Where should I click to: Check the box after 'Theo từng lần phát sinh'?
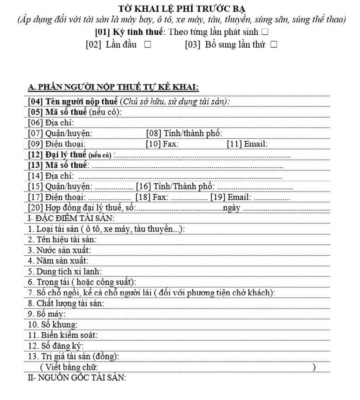click(264, 32)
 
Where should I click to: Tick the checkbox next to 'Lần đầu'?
click(148, 45)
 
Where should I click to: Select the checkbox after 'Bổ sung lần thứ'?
click(274, 45)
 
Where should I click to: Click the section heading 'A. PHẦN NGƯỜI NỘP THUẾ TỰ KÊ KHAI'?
click(114, 87)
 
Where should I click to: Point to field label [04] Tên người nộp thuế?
click(73, 102)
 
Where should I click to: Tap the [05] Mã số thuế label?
click(75, 112)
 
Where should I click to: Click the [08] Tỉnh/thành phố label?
click(184, 133)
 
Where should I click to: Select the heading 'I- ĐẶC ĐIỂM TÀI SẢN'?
click(72, 218)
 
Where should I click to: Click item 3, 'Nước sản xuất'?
click(60, 250)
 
